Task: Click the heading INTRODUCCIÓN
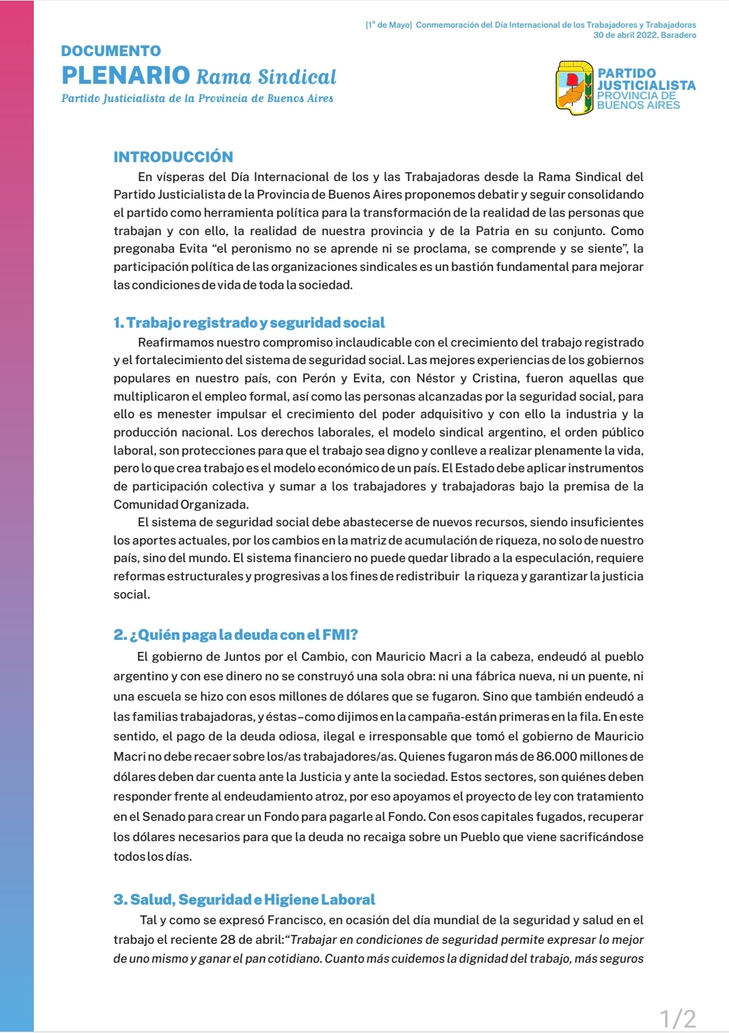[173, 157]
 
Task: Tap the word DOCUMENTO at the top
[111, 51]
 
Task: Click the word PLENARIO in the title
[126, 75]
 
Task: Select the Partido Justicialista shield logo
[574, 88]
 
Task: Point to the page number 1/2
[678, 1018]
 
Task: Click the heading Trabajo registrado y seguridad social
[249, 323]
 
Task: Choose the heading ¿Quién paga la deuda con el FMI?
[236, 635]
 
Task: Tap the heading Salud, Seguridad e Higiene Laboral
[245, 900]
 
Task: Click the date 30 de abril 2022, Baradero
[645, 35]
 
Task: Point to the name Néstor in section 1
[436, 378]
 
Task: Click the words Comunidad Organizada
[181, 505]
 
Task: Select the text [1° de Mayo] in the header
[388, 25]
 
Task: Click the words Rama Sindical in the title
[266, 77]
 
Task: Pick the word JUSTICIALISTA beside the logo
[646, 85]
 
